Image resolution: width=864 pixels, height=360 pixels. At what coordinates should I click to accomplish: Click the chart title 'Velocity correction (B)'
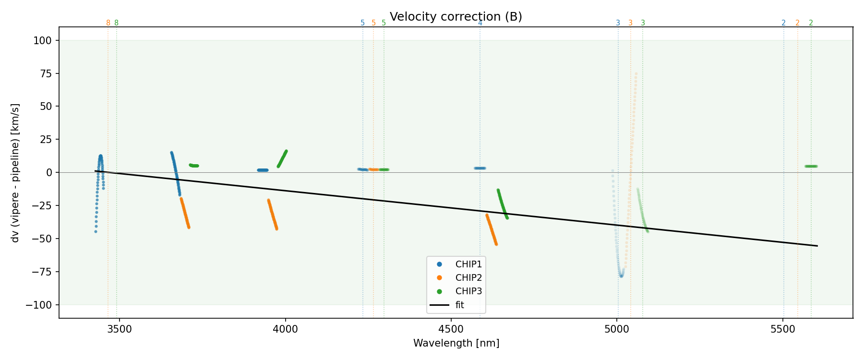pos(456,17)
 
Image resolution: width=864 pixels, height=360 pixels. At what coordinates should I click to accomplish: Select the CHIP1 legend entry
pos(468,264)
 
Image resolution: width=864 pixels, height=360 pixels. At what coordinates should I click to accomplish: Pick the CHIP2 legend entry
pos(468,278)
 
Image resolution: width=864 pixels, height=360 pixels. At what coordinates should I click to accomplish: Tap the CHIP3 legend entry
pos(468,291)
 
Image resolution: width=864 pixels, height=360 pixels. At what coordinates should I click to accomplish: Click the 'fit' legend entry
pos(459,305)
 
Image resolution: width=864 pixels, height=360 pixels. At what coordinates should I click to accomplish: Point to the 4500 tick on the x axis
pos(451,329)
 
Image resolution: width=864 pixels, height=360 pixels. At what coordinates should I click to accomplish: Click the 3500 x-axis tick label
pos(119,329)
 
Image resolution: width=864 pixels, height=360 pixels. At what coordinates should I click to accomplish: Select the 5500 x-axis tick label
pos(783,329)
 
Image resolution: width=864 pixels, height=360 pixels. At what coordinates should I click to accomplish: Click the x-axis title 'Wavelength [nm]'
pos(456,343)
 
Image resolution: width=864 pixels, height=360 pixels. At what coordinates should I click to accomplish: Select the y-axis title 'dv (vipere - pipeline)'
pos(15,173)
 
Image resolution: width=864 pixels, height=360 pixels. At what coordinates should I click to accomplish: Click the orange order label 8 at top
pos(108,23)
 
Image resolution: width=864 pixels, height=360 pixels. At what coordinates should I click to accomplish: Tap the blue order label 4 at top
pos(480,23)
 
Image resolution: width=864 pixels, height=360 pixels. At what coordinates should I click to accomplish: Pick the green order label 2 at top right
pos(811,23)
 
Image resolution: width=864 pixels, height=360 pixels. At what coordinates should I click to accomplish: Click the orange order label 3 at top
pos(630,23)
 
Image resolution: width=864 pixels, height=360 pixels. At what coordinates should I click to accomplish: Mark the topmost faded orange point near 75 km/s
pos(636,74)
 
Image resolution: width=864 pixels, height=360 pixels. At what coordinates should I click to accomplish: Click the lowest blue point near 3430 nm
pos(96,231)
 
